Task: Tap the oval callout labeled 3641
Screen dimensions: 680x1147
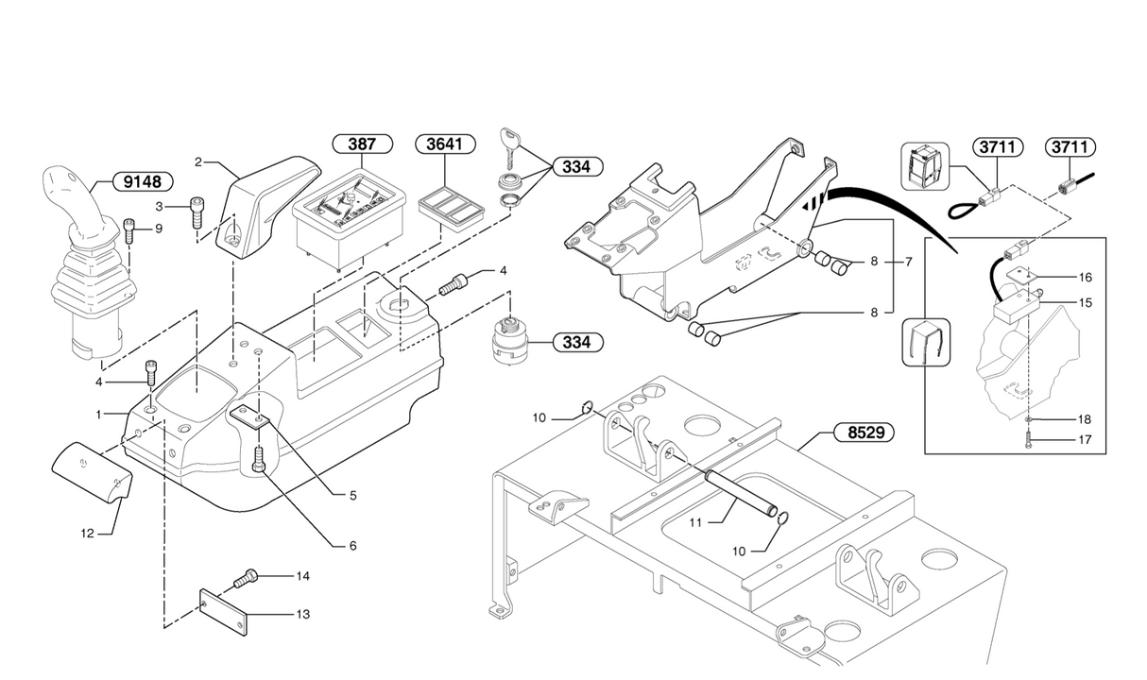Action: click(x=445, y=144)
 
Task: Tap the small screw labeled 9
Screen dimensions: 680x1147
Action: click(x=129, y=229)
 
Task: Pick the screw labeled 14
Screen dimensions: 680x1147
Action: click(x=245, y=576)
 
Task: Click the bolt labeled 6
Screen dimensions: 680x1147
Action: click(x=259, y=459)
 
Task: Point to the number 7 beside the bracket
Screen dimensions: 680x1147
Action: click(x=908, y=262)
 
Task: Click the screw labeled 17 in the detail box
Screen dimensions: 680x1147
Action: click(x=1029, y=438)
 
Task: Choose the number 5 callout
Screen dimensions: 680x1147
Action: click(x=352, y=494)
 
